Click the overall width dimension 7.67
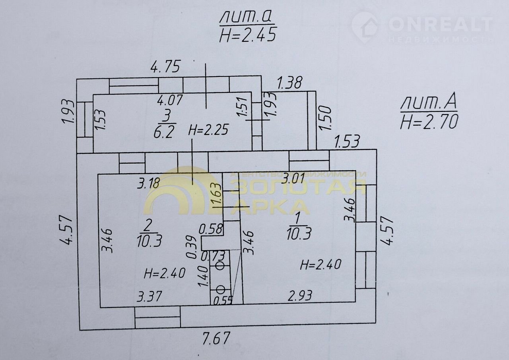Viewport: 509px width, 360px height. (216, 339)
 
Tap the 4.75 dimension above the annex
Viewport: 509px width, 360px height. (165, 66)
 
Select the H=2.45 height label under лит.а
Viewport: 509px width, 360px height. (247, 35)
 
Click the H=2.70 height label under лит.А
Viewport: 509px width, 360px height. (429, 121)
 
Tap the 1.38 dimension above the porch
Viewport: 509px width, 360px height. (289, 83)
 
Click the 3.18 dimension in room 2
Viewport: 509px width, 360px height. (149, 183)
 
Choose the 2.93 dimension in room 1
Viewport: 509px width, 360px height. (300, 296)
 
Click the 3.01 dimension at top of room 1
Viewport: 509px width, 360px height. (293, 178)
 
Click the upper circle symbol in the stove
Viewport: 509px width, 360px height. (220, 265)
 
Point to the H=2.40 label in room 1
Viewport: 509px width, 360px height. (321, 264)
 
